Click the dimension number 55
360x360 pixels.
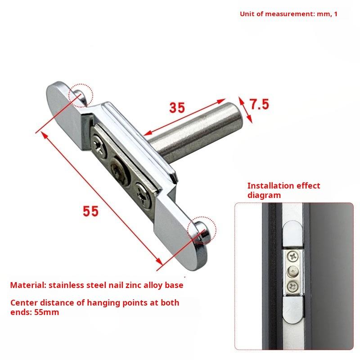[90, 211]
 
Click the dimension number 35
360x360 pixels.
[177, 108]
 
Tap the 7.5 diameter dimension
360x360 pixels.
[259, 104]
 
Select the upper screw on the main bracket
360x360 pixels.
[99, 145]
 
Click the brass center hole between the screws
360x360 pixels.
[119, 170]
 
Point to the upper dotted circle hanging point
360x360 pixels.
[81, 95]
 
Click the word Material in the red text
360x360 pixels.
[28, 285]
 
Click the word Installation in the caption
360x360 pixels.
[267, 185]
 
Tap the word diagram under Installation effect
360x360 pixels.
[264, 195]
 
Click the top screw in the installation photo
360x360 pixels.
[293, 256]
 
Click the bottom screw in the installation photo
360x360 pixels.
[293, 287]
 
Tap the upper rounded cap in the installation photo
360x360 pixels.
[292, 233]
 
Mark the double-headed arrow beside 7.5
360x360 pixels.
[245, 110]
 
